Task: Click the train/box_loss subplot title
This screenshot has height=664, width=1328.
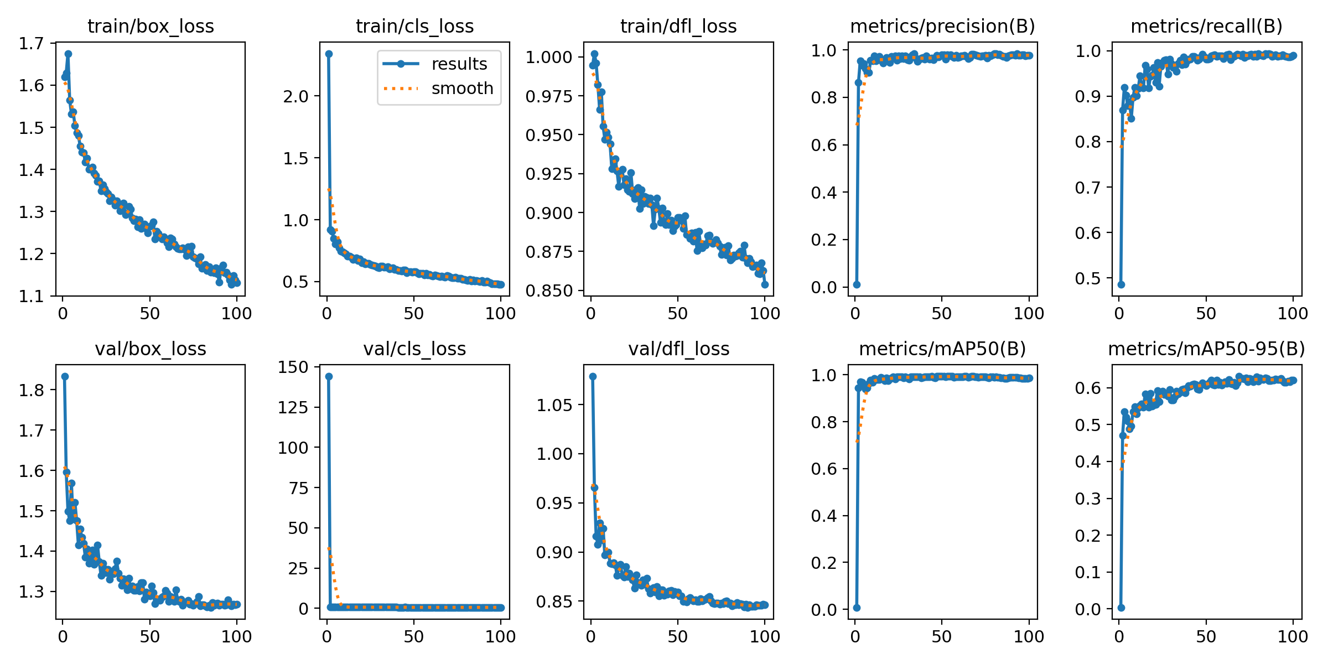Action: (151, 27)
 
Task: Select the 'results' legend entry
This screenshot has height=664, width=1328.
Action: (459, 64)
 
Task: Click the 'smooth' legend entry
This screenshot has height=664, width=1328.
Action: (462, 89)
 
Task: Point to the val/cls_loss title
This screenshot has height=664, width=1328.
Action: (414, 349)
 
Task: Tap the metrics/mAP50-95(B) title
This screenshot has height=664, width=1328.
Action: (1206, 349)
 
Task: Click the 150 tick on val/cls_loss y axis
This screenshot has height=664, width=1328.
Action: (294, 367)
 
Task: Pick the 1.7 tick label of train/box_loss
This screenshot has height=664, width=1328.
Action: (31, 43)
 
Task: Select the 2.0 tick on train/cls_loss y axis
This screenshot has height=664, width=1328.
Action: (295, 96)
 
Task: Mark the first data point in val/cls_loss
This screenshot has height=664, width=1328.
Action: (329, 376)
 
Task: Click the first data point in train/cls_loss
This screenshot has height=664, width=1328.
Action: (329, 54)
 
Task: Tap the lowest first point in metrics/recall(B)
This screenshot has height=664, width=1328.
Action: (1121, 284)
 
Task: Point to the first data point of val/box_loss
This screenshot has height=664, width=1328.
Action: (65, 376)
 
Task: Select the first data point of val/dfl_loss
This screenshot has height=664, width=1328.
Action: (593, 376)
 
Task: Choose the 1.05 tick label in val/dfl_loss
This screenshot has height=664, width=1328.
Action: (554, 405)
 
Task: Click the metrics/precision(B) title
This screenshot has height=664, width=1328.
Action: (942, 27)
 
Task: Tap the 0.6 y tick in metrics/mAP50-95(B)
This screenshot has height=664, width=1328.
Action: (1088, 388)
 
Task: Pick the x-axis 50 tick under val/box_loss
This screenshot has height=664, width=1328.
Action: (149, 636)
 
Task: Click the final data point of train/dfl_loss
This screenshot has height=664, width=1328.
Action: (765, 284)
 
